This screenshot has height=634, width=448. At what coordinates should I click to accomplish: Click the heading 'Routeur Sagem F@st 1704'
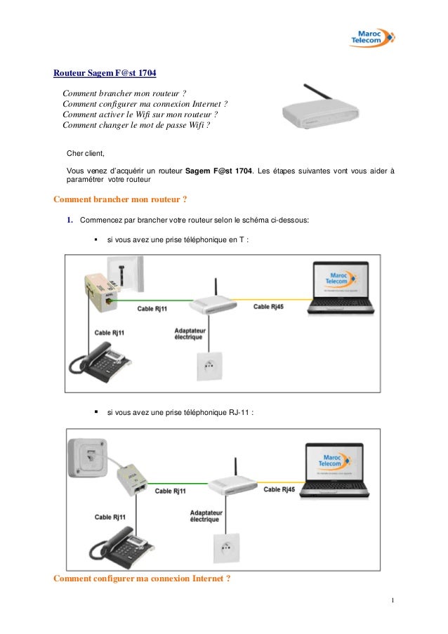[x=105, y=74]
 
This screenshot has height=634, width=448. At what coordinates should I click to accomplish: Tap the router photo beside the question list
[x=320, y=109]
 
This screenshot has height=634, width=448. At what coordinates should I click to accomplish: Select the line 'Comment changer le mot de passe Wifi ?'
[x=136, y=126]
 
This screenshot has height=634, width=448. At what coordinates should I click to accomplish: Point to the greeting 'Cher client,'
[x=84, y=152]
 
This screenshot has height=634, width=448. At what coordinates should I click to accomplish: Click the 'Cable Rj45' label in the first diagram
[x=269, y=307]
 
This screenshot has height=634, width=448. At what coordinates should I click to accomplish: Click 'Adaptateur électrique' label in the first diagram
[x=189, y=334]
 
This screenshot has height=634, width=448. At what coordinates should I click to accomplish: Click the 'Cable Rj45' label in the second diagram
[x=279, y=489]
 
